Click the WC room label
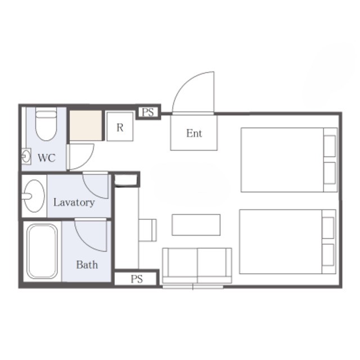point(47,158)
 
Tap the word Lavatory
point(74,202)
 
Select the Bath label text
point(87,265)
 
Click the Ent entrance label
point(194,133)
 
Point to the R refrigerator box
point(120,127)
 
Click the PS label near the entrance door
point(148,112)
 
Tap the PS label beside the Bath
point(137,279)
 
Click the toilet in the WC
point(46,124)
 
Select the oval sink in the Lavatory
point(34,196)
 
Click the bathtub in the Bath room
point(42,251)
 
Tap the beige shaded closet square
point(86,125)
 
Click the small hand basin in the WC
point(26,156)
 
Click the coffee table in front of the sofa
point(196,225)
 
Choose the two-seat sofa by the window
point(197,265)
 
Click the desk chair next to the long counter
point(147,230)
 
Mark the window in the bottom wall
point(193,287)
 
